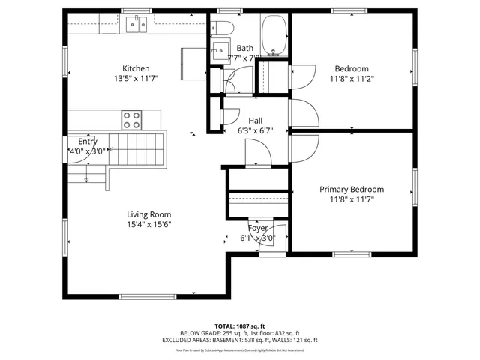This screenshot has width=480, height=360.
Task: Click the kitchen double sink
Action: (136, 26)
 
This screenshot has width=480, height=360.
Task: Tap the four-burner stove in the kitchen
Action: (132, 118)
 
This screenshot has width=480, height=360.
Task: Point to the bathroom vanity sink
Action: (220, 51)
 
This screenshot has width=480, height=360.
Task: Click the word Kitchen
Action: (136, 67)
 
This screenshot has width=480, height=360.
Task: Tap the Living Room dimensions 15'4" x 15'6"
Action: (148, 224)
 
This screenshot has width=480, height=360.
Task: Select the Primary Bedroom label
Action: (351, 190)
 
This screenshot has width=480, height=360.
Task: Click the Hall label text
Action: (255, 120)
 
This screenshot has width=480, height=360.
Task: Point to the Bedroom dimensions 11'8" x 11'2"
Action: (351, 78)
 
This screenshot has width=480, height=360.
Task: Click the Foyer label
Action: (258, 229)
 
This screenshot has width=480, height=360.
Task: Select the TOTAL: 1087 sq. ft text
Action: (239, 326)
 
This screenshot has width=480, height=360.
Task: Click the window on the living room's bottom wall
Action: (148, 296)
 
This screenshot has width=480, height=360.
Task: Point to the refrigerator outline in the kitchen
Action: (193, 59)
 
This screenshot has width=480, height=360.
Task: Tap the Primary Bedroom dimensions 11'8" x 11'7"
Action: (351, 199)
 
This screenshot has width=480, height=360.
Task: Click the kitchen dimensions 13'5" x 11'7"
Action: (136, 78)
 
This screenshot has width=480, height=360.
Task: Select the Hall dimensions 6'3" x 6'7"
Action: (255, 130)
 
